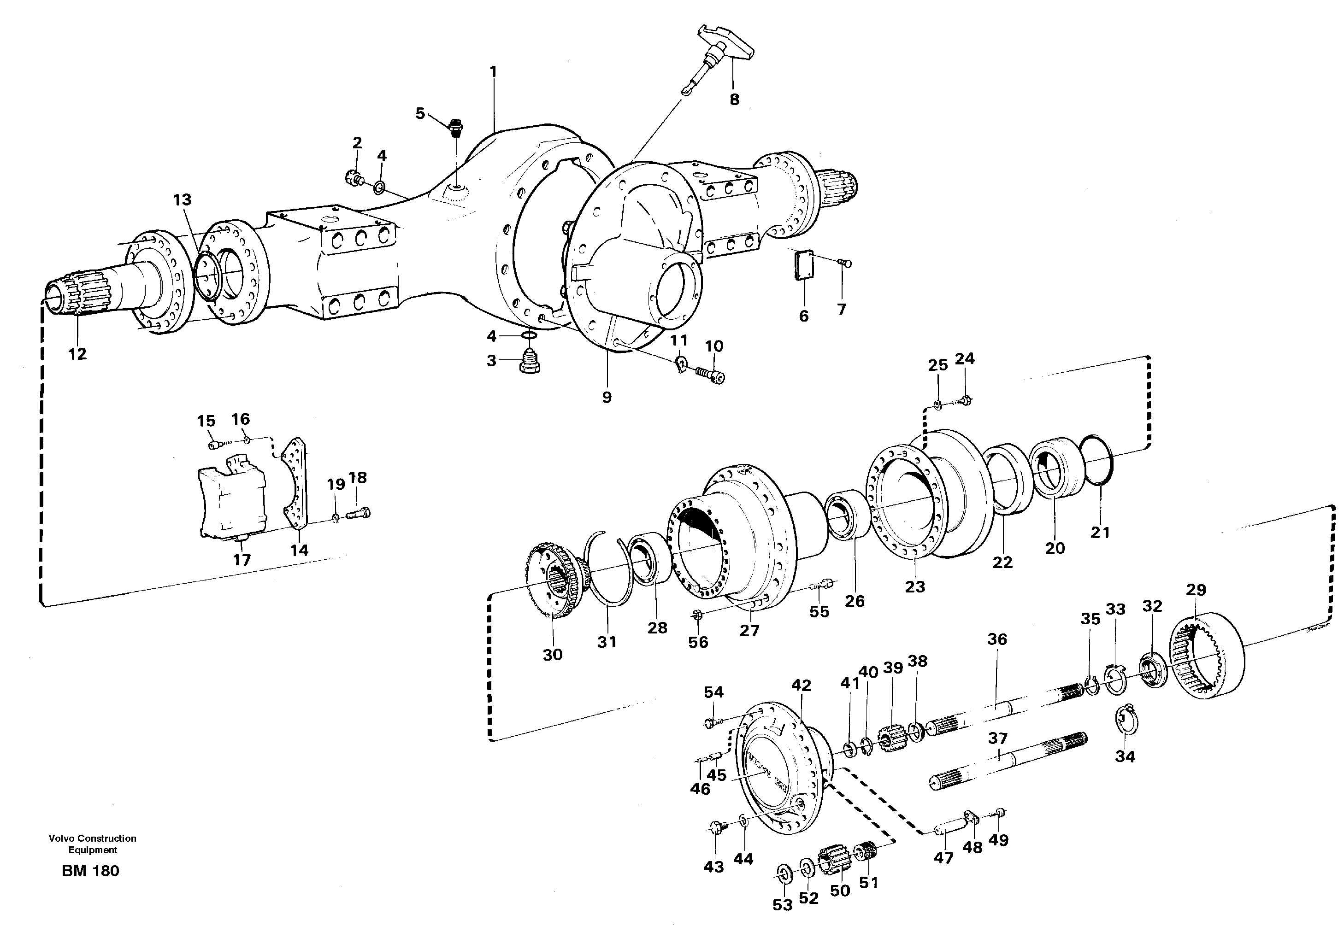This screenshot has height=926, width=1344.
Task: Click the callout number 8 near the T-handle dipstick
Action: [734, 100]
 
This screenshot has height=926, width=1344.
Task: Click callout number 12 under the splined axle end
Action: [77, 354]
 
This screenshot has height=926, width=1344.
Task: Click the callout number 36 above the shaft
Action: [997, 639]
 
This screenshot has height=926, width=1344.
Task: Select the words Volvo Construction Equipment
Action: [92, 844]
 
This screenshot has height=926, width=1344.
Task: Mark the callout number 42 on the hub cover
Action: [801, 685]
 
